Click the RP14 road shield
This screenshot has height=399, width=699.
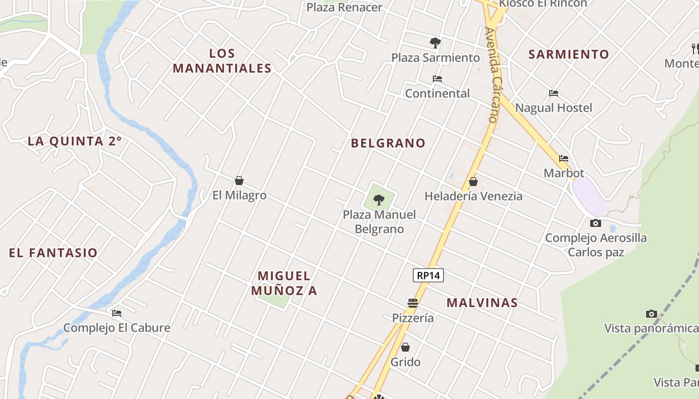[x=428, y=275]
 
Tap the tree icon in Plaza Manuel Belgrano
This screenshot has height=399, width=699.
[x=379, y=200]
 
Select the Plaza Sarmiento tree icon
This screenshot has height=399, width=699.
[x=435, y=43]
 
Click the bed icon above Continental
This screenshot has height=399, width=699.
[x=437, y=79]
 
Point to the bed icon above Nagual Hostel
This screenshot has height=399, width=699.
[x=553, y=93]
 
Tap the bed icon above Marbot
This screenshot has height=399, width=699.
[x=564, y=159]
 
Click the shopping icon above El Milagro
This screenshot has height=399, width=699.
[x=239, y=181]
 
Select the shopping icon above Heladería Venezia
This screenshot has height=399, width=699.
[x=473, y=182]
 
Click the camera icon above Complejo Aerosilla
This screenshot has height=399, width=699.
[x=596, y=223]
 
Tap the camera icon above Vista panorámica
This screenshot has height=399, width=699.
[x=651, y=314]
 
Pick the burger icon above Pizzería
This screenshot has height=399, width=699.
[x=412, y=303]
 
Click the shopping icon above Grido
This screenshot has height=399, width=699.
[x=405, y=347]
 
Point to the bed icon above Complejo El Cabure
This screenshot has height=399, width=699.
[x=117, y=313]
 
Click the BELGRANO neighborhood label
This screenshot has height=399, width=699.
[x=388, y=143]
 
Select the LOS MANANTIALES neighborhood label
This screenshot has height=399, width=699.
[x=222, y=61]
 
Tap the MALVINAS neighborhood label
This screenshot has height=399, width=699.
[x=482, y=303]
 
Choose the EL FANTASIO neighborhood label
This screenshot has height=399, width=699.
[x=53, y=253]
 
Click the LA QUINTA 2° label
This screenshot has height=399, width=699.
[x=74, y=141]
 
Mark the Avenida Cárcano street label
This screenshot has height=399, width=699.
[x=492, y=75]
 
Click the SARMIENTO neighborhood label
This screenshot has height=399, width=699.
[x=569, y=54]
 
